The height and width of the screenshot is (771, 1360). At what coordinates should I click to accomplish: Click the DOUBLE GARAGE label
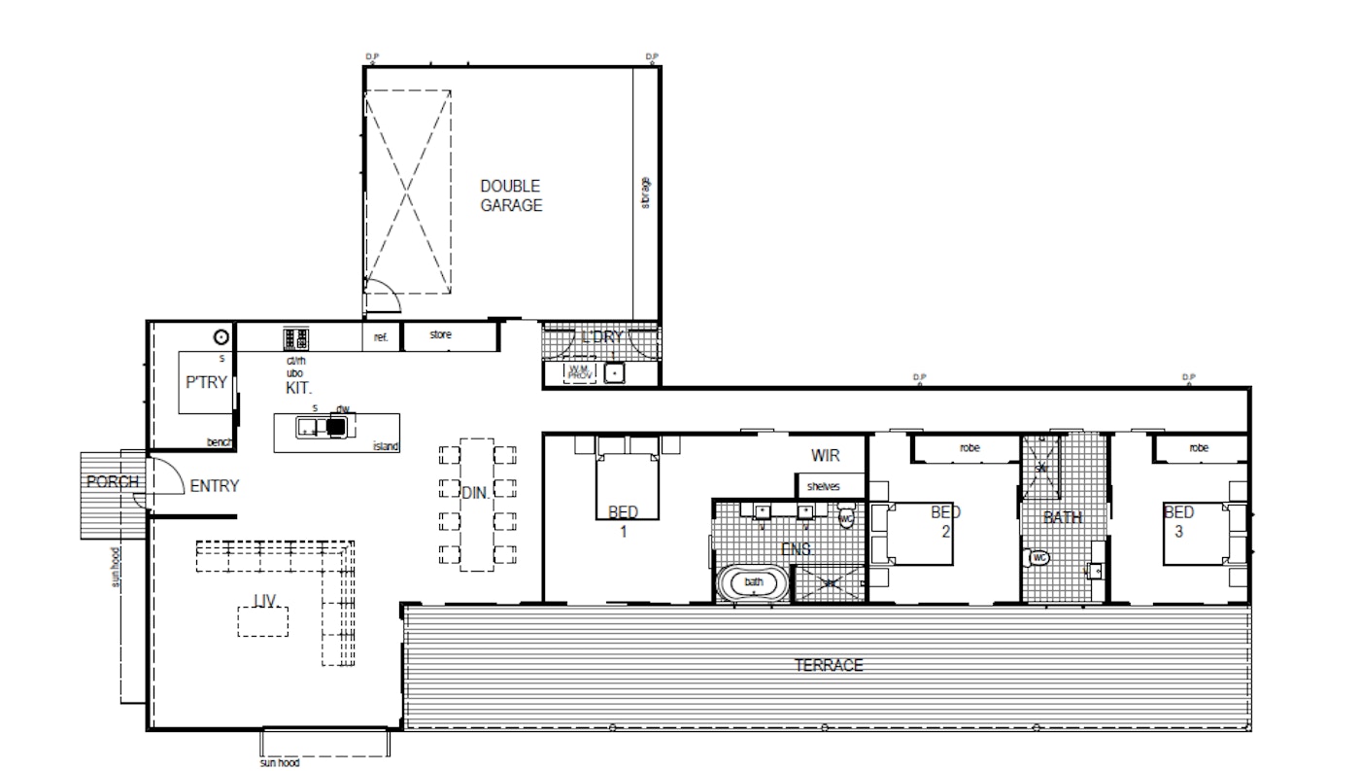(511, 195)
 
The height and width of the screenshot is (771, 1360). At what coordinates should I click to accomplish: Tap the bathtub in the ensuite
(754, 583)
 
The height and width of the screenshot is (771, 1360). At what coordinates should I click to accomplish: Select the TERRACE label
(829, 666)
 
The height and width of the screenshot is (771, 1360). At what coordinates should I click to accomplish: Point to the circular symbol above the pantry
(221, 337)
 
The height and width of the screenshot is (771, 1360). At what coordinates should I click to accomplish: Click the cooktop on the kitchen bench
(296, 338)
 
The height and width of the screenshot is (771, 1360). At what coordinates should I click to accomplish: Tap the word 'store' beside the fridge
(441, 335)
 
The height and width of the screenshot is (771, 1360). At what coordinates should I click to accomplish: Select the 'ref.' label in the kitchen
(381, 337)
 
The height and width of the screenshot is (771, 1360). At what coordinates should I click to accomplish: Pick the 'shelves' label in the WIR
(823, 486)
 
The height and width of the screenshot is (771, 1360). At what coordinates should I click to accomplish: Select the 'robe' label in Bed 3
(1199, 448)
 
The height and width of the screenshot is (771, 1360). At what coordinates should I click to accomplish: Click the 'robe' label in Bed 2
(969, 448)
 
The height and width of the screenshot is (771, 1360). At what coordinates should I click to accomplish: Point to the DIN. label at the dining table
(475, 494)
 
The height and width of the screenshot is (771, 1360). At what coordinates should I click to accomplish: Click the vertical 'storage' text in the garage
(646, 192)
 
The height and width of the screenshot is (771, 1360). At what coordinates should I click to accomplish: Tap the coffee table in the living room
(263, 620)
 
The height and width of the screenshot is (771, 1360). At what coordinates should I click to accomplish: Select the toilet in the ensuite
(845, 516)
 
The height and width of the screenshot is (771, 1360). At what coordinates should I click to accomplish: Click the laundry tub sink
(614, 371)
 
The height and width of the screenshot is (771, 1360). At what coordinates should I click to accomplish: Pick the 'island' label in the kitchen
(386, 446)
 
